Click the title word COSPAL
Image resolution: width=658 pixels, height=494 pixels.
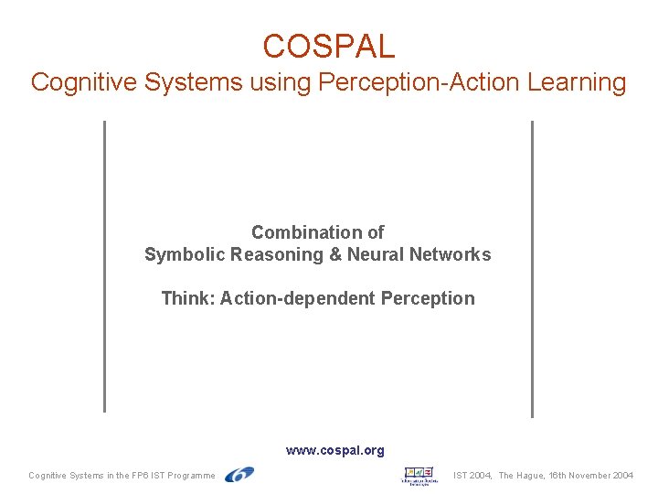pos(328,46)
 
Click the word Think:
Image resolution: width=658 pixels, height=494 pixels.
pos(187,298)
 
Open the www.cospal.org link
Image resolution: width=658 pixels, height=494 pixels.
pos(334,450)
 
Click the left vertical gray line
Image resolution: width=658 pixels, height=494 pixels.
pos(104,265)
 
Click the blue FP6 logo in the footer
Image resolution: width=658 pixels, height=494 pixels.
pos(239,474)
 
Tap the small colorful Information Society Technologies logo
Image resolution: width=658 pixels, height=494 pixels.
pos(419,475)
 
